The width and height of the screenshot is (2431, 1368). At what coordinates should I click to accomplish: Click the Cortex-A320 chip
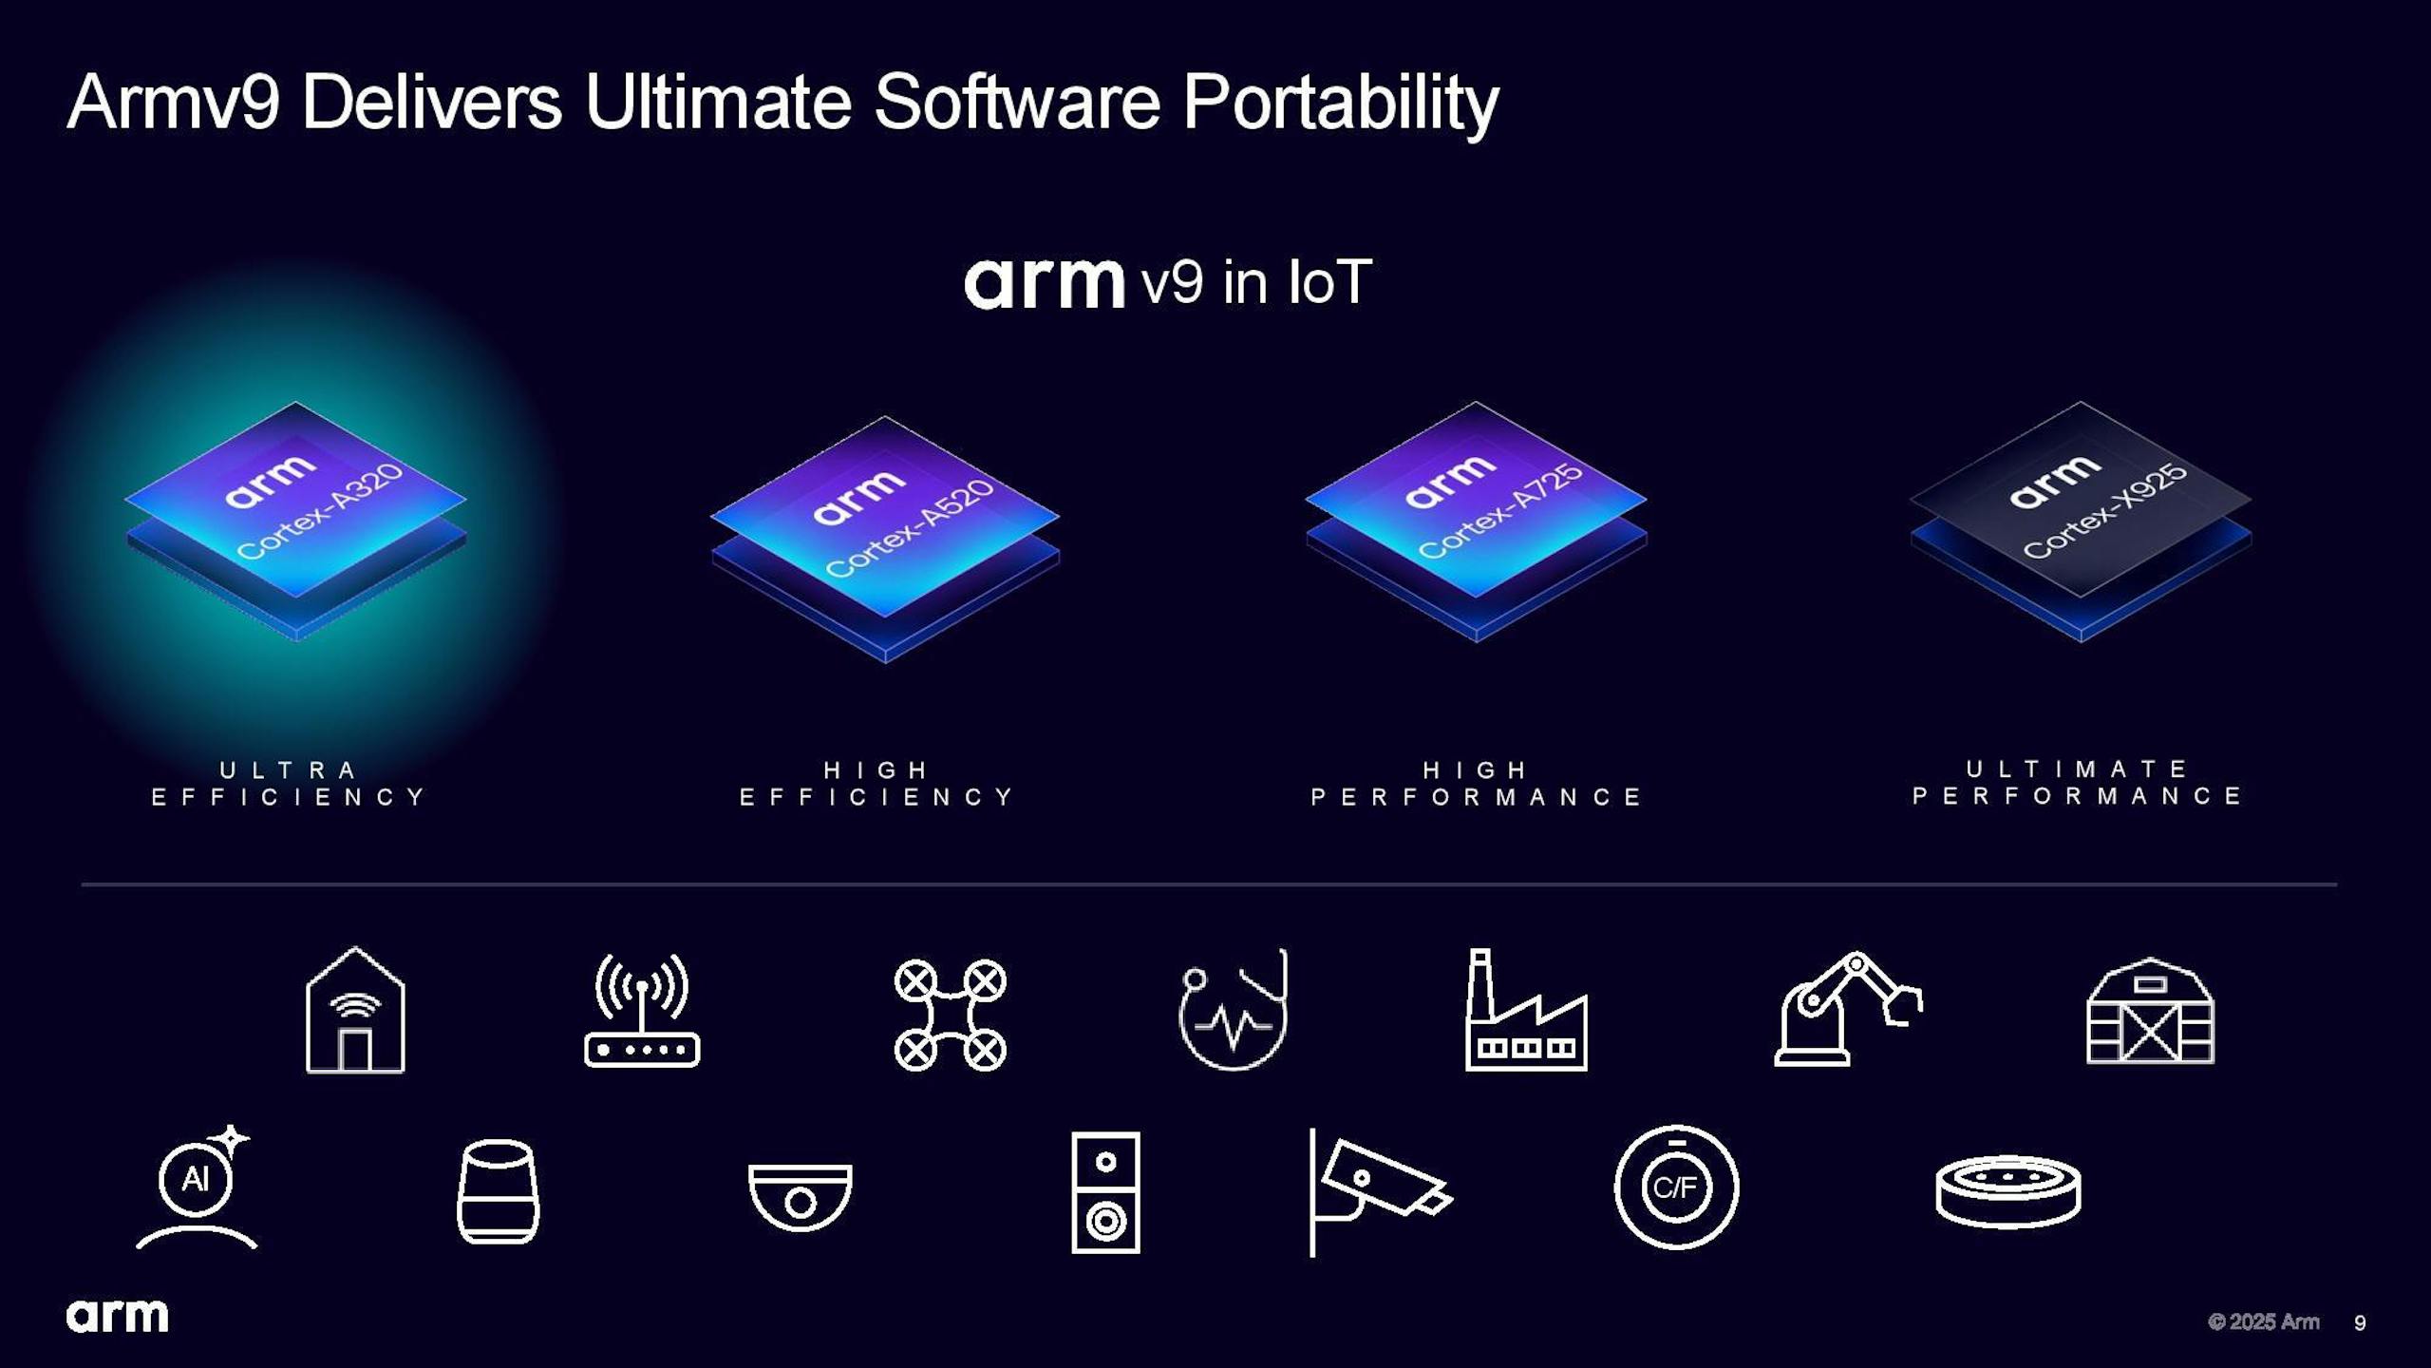point(295,521)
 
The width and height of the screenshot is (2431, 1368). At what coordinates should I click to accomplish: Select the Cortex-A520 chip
point(885,539)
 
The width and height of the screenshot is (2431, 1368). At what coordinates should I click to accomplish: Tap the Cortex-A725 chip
point(1476,522)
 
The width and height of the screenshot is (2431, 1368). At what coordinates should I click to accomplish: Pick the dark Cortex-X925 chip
point(2081,522)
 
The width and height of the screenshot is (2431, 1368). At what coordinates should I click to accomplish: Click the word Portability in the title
point(1340,104)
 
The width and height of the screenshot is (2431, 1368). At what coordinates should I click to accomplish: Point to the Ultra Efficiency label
point(290,783)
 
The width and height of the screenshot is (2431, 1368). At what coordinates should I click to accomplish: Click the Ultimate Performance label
point(2077,782)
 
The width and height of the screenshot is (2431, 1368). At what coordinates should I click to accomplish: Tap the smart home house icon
point(355,1010)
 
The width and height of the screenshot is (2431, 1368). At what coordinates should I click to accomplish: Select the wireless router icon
point(642,1011)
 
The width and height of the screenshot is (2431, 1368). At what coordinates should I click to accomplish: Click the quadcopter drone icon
point(950,1015)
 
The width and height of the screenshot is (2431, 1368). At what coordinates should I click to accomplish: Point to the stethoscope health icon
point(1234,1009)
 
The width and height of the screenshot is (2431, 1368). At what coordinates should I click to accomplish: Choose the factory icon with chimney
point(1526,1010)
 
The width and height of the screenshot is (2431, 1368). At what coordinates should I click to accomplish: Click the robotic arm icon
point(1848,1008)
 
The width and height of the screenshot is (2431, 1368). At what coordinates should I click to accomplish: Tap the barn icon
point(2150,1011)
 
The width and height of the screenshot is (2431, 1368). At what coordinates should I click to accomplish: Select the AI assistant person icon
point(198,1187)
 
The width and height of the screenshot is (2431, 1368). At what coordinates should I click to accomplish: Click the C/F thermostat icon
point(1676,1187)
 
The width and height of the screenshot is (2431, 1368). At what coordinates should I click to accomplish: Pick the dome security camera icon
point(800,1197)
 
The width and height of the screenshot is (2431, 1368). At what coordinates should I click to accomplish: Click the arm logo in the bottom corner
point(118,1316)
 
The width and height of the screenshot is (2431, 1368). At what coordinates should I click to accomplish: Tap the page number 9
point(2360,1322)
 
